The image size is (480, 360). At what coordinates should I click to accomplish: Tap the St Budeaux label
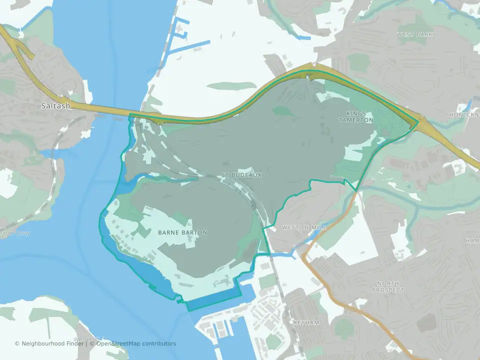[x=241, y=175]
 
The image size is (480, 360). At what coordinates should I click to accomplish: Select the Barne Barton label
[x=182, y=232]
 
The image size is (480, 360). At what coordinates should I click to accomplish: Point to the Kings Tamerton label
[x=355, y=117]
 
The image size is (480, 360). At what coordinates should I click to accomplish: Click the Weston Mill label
[x=304, y=227]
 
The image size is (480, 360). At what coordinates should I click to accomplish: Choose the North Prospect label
[x=388, y=286]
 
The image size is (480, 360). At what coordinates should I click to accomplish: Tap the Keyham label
[x=306, y=323]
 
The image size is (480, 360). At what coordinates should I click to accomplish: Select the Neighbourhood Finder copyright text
[x=50, y=343]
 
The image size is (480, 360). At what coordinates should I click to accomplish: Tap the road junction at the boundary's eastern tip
[x=417, y=121]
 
